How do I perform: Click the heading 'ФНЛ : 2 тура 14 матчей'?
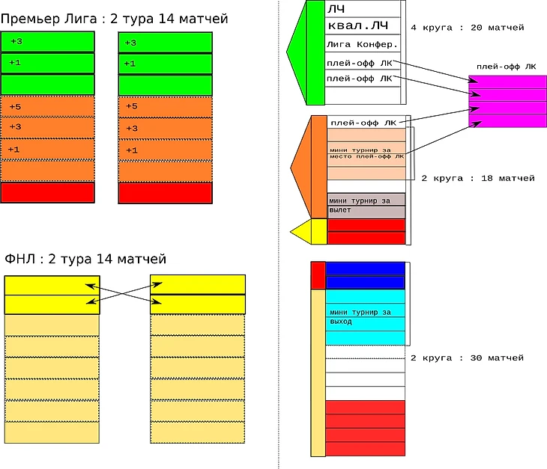[x=85, y=259]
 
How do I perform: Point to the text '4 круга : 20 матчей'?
[x=468, y=28]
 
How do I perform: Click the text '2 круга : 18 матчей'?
[x=478, y=179]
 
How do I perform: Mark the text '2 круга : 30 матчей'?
[x=467, y=358]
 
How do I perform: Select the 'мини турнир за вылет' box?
[x=366, y=205]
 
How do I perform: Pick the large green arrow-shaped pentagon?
[x=306, y=52]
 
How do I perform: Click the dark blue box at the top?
[x=366, y=268]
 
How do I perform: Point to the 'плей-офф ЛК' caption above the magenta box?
[x=507, y=67]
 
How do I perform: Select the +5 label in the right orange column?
[x=131, y=107]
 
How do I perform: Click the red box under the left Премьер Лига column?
[x=48, y=192]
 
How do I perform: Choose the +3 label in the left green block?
[x=16, y=42]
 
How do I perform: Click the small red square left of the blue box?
[x=318, y=275]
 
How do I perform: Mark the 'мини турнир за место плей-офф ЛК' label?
[x=366, y=153]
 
